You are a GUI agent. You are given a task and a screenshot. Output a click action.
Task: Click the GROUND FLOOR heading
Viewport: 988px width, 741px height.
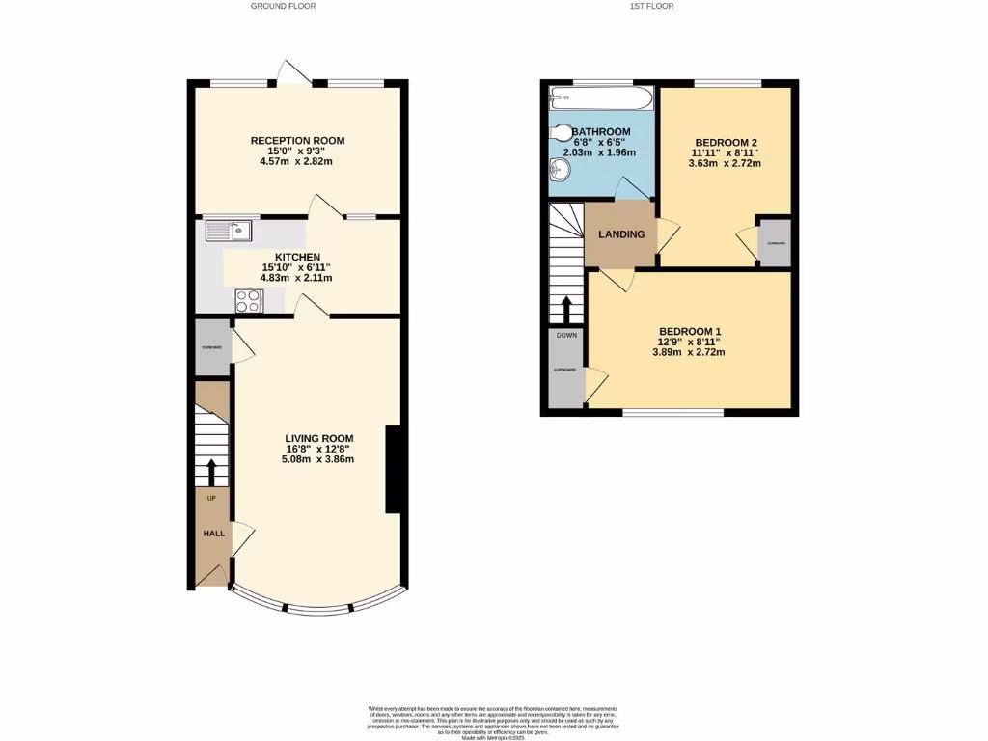283,6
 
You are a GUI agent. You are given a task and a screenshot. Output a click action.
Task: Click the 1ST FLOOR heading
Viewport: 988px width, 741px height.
651,6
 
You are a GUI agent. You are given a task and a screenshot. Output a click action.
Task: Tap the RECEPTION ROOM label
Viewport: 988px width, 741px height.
297,141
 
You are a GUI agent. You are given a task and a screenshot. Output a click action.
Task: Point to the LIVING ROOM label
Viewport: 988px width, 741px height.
318,438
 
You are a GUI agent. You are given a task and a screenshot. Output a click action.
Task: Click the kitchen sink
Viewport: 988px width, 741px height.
229,231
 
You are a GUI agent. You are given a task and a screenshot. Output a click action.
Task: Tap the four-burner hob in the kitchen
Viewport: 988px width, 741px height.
249,301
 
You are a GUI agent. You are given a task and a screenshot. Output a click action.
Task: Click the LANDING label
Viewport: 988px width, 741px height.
621,234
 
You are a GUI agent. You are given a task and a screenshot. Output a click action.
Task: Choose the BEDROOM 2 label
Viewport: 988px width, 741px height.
726,141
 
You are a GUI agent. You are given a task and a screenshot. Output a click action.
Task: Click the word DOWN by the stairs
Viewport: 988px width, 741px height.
566,336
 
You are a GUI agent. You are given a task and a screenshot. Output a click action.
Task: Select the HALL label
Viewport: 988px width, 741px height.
212,534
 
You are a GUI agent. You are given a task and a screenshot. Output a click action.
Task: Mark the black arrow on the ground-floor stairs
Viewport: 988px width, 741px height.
212,472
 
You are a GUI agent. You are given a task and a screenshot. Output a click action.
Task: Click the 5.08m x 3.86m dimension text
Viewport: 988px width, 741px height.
318,459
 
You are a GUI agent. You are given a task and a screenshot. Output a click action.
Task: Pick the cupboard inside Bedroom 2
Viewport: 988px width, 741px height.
776,242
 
